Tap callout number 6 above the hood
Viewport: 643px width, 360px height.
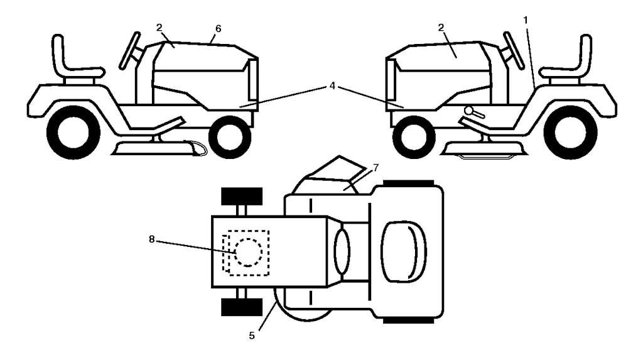(x=218, y=29)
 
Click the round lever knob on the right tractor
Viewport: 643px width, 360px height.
(x=468, y=112)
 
